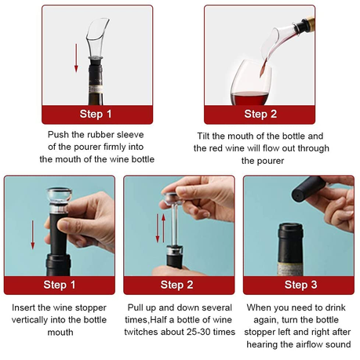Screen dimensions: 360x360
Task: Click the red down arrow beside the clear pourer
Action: (x=76, y=58)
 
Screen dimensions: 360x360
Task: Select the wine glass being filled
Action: (x=251, y=82)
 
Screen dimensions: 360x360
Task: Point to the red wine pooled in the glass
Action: (x=249, y=98)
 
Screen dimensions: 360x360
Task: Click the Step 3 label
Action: (x=300, y=285)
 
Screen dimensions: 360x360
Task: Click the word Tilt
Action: (x=203, y=136)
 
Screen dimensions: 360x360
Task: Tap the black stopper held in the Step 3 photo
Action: (x=309, y=188)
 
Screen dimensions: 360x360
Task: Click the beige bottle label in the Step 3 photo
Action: (x=290, y=268)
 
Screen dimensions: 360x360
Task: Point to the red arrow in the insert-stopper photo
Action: (x=33, y=235)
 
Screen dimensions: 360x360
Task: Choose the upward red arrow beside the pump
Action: (x=163, y=228)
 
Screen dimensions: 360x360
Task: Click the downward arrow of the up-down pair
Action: (x=158, y=228)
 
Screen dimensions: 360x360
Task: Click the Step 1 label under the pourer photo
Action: (x=96, y=114)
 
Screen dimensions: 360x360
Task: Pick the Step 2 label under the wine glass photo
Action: (x=260, y=114)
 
